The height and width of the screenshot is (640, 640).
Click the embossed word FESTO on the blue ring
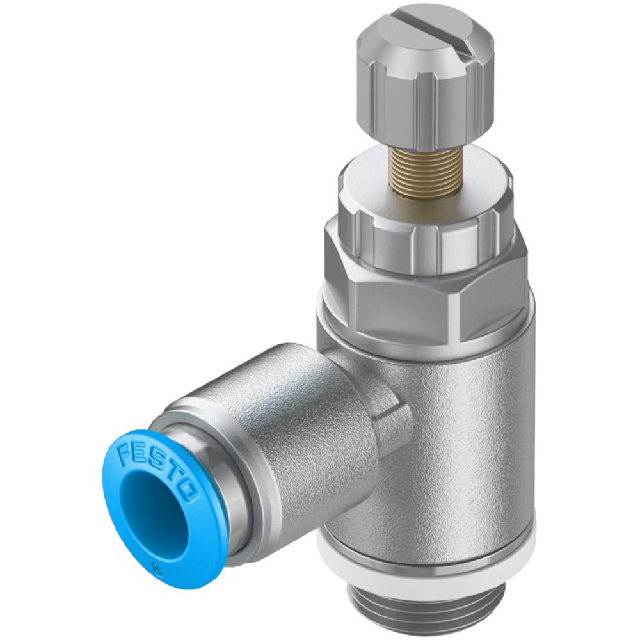point(157,472)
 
